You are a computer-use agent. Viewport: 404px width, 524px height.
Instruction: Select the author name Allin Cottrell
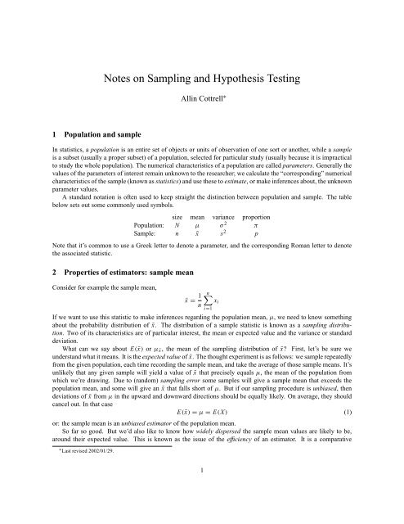click(x=201, y=106)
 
